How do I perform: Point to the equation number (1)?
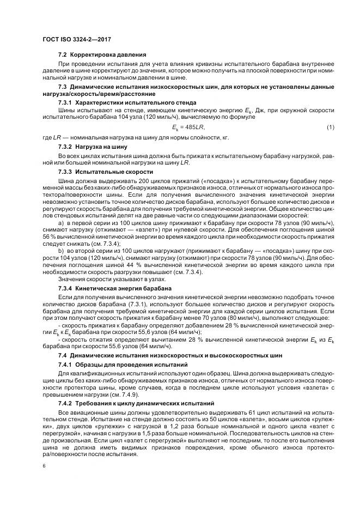[x=330, y=127]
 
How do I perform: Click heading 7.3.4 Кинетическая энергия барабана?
[x=115, y=287]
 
